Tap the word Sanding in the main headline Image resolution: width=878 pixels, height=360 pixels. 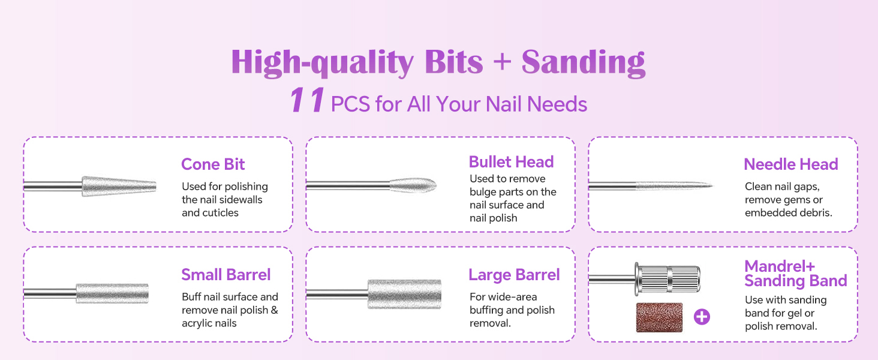(x=583, y=61)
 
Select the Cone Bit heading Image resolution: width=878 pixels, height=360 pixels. (x=213, y=164)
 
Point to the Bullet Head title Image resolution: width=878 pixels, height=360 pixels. (x=511, y=162)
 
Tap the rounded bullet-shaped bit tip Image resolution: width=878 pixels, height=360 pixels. (x=414, y=185)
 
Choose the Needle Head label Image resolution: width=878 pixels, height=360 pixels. (x=790, y=164)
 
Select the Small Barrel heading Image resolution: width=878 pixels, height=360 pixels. (x=226, y=275)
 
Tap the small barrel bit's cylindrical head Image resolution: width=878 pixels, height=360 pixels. (x=112, y=293)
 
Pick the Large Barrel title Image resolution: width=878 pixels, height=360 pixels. (x=514, y=275)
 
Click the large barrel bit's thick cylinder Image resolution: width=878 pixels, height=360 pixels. (x=404, y=294)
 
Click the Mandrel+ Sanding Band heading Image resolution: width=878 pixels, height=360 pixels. (x=795, y=274)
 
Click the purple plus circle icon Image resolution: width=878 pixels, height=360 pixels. (x=702, y=317)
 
